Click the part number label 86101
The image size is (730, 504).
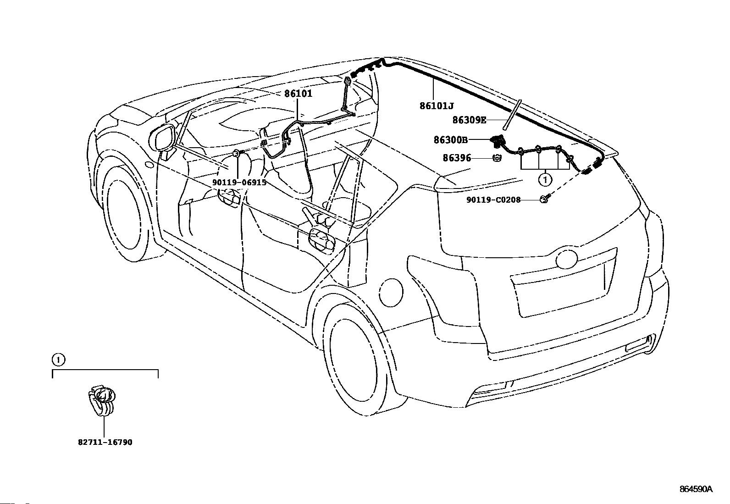(298, 94)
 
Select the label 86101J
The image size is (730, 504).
(437, 106)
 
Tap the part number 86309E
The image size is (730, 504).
(469, 120)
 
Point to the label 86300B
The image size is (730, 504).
(451, 140)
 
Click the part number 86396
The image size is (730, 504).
(457, 158)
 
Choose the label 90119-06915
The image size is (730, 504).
(239, 183)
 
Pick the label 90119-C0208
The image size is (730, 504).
(493, 200)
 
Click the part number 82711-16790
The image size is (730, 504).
(105, 443)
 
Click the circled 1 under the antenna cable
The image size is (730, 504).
(545, 180)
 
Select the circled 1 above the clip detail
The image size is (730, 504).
(58, 360)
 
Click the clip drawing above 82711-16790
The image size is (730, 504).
(101, 400)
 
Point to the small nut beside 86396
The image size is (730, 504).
(497, 158)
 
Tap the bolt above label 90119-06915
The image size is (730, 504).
(238, 153)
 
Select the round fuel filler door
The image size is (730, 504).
(392, 293)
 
